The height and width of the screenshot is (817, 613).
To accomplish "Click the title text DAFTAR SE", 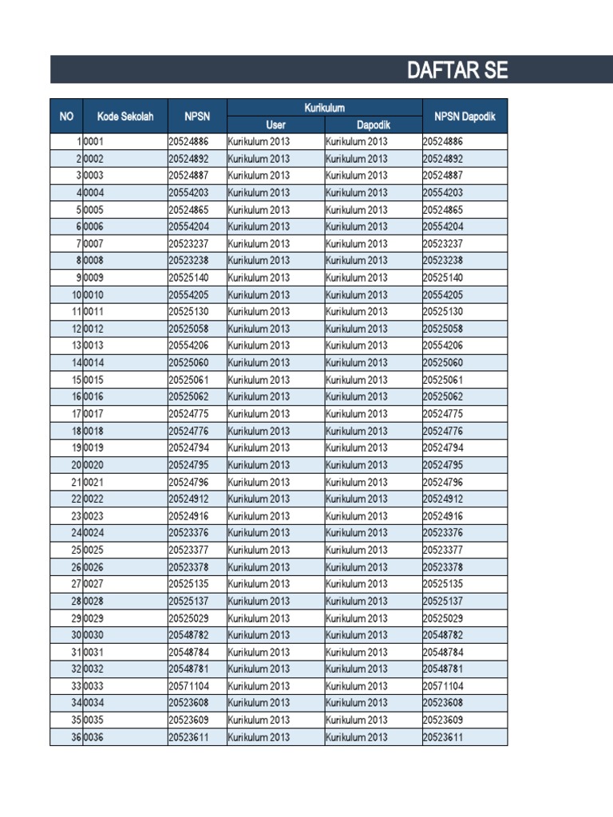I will coord(457,70).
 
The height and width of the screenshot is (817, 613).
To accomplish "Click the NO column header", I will coord(66,116).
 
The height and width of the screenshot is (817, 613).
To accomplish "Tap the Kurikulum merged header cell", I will coord(324,108).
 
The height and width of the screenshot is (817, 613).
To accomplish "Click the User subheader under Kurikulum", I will coord(275,125).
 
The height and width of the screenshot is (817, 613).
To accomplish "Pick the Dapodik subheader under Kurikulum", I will coord(373,125).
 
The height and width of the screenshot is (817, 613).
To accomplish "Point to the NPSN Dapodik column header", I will coord(465,116).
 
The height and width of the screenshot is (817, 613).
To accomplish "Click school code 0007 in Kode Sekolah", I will coord(93,244).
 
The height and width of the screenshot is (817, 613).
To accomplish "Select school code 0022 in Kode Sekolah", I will coord(93,499).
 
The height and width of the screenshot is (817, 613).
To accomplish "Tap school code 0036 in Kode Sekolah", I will coord(93,737).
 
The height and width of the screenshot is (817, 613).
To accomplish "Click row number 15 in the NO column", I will coord(76,380).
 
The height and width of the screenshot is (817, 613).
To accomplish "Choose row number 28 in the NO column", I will coord(76,602).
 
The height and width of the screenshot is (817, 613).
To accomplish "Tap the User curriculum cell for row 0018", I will coord(259,431).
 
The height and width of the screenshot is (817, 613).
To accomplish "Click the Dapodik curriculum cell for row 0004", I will coord(356,193).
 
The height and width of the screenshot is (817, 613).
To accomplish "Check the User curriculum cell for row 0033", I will coord(259,686).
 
